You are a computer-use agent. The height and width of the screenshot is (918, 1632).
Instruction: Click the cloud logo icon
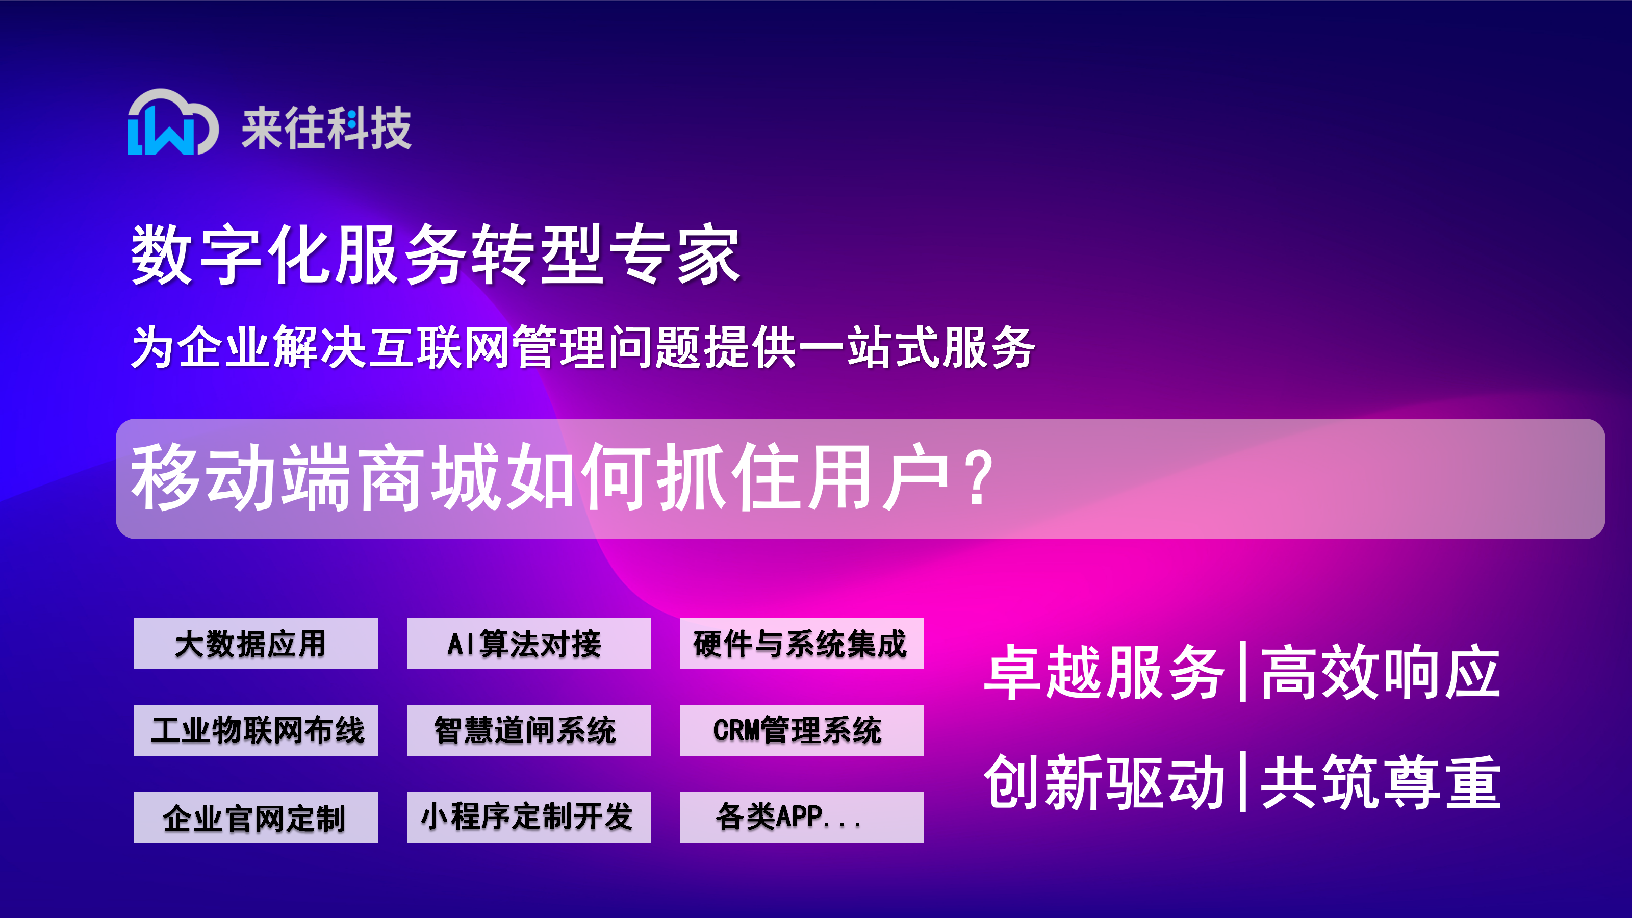(x=173, y=122)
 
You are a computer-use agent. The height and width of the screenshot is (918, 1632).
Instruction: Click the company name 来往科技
(x=326, y=128)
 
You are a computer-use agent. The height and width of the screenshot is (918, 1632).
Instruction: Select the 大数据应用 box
(x=256, y=643)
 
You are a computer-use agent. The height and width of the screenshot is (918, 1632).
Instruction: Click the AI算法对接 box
(x=528, y=643)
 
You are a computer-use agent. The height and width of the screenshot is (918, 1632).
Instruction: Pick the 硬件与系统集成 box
(x=801, y=643)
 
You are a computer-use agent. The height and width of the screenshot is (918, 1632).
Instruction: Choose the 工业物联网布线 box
(x=256, y=730)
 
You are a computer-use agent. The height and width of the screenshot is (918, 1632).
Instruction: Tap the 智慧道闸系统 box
(x=528, y=730)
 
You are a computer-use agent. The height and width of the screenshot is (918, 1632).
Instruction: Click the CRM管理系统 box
(x=801, y=730)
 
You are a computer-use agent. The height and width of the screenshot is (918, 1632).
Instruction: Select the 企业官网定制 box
(x=256, y=817)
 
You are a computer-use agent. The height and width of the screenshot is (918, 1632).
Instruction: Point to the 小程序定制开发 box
(x=528, y=817)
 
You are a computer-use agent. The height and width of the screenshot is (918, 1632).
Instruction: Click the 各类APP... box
(x=801, y=817)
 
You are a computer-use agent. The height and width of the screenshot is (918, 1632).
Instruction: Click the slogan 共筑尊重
(x=1381, y=782)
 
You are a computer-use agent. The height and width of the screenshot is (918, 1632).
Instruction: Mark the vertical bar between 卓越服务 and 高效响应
(x=1243, y=672)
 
